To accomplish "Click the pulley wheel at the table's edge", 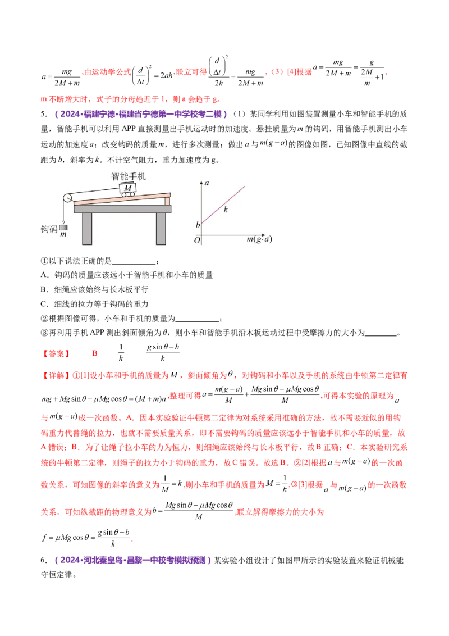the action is (66, 198).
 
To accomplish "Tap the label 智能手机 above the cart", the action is (129, 176).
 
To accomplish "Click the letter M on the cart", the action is (129, 187).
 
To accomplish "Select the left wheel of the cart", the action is (122, 194).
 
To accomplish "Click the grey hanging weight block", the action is (63, 228).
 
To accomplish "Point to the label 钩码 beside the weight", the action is (49, 229).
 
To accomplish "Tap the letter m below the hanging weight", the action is (63, 236).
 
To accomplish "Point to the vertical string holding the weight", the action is (63, 213).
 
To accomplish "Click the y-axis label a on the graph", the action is (207, 183).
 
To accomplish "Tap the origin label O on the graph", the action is (196, 240).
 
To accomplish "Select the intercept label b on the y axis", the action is (197, 225).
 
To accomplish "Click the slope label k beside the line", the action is (226, 210).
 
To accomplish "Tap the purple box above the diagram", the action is (142, 115).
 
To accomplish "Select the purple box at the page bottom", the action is (133, 560).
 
